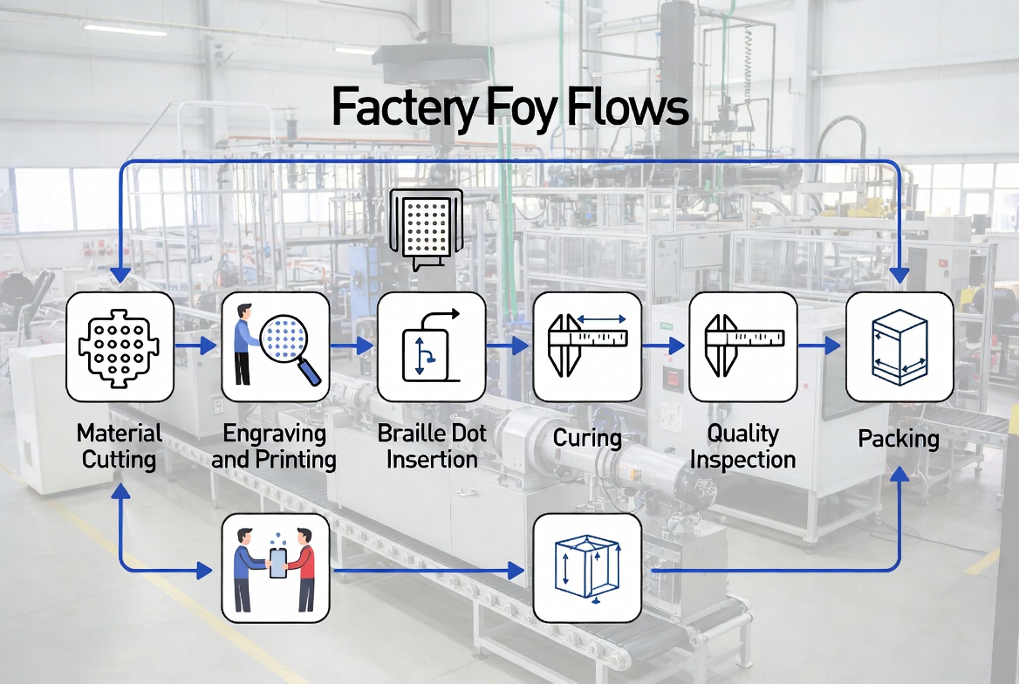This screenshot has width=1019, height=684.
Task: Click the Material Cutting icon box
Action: [120, 346]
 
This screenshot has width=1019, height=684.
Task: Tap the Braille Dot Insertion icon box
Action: [431, 346]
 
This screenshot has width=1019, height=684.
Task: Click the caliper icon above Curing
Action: [586, 346]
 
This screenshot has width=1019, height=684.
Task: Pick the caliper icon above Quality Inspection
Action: [742, 346]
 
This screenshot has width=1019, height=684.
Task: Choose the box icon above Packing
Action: [899, 346]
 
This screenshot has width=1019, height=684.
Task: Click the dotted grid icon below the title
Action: [425, 224]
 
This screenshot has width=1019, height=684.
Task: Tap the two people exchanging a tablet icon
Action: [275, 567]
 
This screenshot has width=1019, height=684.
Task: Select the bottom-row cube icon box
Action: [586, 567]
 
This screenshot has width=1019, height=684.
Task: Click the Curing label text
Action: [587, 437]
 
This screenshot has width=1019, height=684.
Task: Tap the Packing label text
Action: [899, 438]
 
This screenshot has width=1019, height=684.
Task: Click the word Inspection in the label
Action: [742, 459]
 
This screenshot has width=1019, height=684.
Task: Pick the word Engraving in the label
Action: [274, 433]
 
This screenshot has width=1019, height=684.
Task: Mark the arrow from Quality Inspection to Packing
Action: [819, 346]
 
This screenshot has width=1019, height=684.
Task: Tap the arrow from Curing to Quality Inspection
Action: [664, 346]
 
